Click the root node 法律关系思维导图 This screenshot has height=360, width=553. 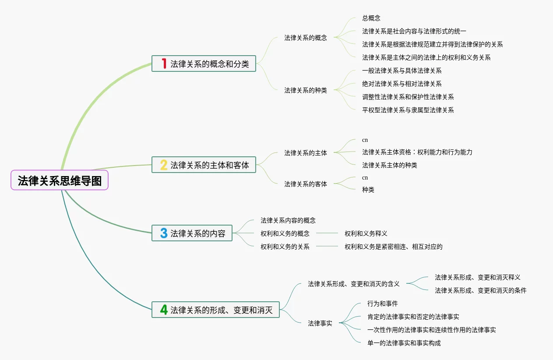(x=60, y=180)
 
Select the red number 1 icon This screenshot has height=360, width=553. (x=164, y=64)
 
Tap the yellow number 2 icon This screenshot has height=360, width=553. (x=164, y=165)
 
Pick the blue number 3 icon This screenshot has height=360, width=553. (x=164, y=233)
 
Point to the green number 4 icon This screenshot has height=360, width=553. (x=164, y=310)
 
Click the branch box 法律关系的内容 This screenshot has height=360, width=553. (x=192, y=233)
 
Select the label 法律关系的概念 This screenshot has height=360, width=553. (x=305, y=38)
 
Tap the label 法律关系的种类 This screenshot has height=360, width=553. (x=305, y=90)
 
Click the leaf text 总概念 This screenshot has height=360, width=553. (x=371, y=18)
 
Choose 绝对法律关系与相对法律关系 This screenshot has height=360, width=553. (x=402, y=84)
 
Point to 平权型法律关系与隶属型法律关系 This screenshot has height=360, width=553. (x=408, y=110)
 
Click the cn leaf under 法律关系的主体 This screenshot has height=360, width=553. (x=365, y=140)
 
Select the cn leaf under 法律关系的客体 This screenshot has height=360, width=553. (x=365, y=177)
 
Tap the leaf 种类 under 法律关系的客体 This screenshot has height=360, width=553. (x=368, y=190)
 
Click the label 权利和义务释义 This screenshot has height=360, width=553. (x=366, y=233)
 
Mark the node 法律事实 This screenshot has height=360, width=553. (x=320, y=323)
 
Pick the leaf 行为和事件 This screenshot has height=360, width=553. (x=382, y=304)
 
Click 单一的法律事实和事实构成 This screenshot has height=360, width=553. (x=404, y=343)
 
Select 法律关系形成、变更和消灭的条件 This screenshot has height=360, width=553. (x=480, y=290)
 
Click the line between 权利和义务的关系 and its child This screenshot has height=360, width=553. (x=327, y=247)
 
